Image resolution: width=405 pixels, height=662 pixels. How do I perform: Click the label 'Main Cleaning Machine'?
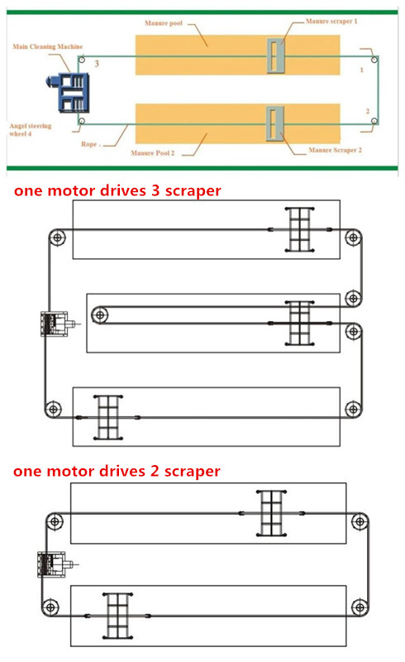click(x=48, y=46)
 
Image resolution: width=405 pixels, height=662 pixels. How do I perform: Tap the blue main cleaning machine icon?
click(x=69, y=92)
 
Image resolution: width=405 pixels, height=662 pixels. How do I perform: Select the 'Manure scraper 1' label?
click(x=331, y=22)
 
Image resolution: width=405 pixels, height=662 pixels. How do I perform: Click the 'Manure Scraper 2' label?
click(x=335, y=150)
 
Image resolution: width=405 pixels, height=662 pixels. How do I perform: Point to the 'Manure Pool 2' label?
click(x=152, y=153)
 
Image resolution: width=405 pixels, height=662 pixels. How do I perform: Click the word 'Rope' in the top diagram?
click(x=89, y=144)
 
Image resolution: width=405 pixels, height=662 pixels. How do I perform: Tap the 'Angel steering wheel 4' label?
click(x=31, y=130)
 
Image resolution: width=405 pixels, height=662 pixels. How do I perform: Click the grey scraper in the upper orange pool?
click(x=276, y=55)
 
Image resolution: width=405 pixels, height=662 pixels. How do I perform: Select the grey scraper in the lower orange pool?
click(x=274, y=123)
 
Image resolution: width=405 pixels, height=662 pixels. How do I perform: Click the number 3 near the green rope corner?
click(x=97, y=64)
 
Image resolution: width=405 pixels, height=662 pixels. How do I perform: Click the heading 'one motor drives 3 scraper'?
click(x=117, y=190)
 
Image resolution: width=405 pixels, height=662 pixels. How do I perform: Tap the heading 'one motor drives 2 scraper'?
click(x=117, y=471)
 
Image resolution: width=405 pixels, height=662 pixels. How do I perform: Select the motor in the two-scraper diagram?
click(x=55, y=564)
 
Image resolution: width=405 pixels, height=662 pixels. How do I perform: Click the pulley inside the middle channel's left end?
click(x=100, y=315)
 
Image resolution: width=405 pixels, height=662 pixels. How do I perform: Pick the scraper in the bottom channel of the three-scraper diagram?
click(x=108, y=418)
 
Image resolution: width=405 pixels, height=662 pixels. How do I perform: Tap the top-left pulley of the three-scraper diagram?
click(x=57, y=237)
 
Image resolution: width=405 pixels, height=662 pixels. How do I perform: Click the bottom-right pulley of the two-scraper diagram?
click(x=360, y=608)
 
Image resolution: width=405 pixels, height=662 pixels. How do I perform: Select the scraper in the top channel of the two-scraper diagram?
click(x=271, y=513)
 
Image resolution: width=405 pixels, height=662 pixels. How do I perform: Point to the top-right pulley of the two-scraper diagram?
click(x=360, y=521)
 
